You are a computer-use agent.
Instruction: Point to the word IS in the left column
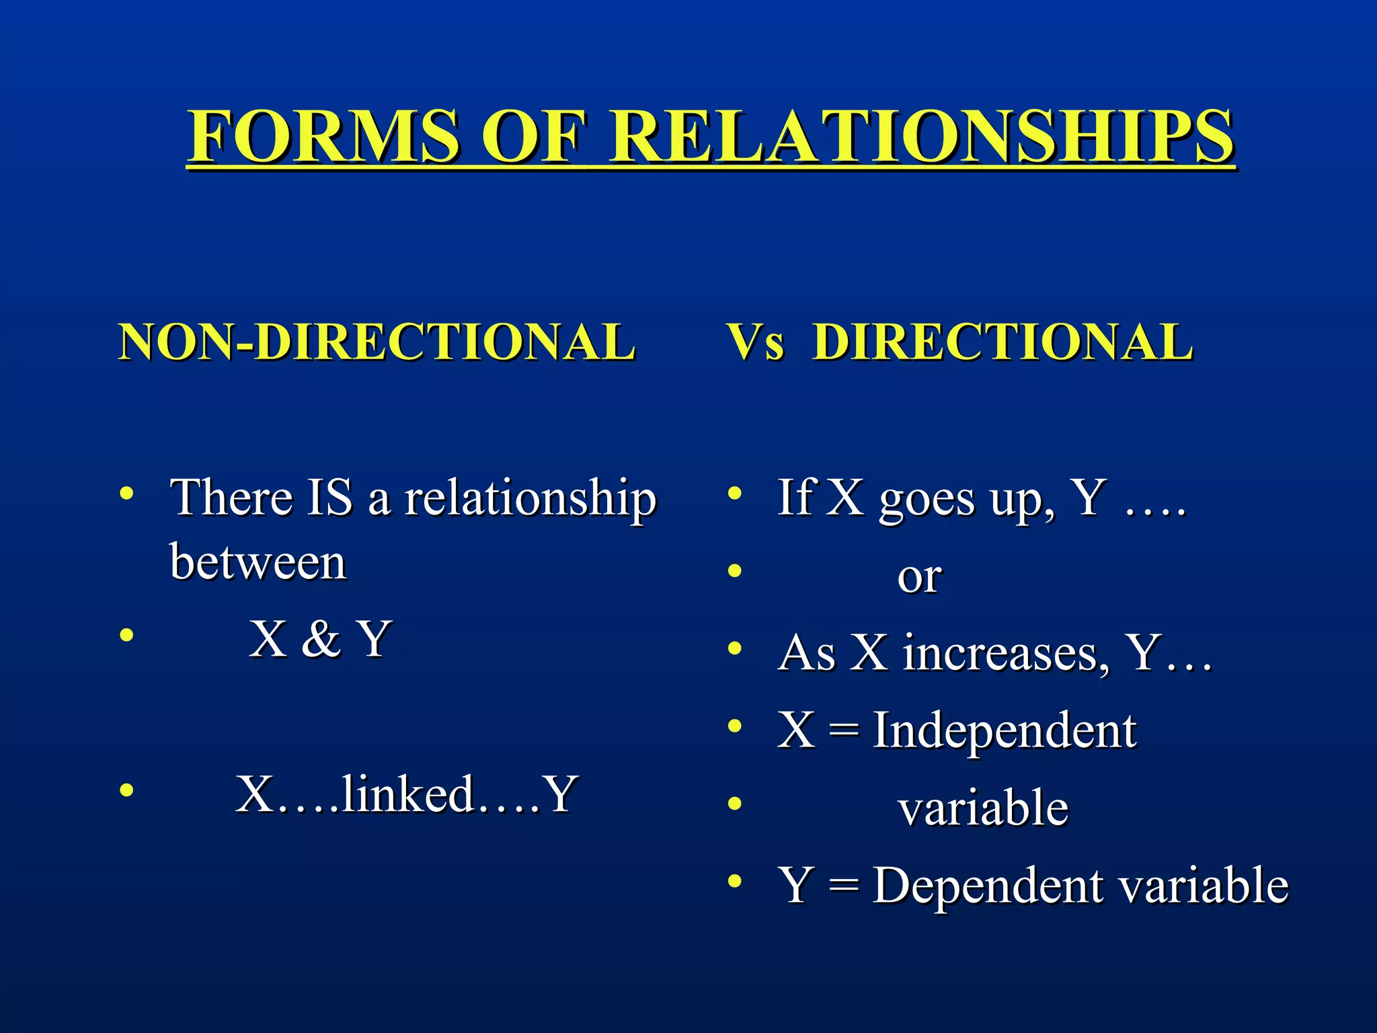click(x=329, y=498)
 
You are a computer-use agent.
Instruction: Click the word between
click(x=258, y=562)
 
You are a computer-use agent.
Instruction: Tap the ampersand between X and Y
click(x=321, y=638)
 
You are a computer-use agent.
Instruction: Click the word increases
click(x=1006, y=653)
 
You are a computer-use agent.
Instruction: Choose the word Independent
click(x=1005, y=730)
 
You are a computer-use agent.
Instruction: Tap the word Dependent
click(x=989, y=885)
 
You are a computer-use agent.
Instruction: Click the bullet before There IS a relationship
click(x=126, y=494)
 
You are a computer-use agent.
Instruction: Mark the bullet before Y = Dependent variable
click(x=735, y=880)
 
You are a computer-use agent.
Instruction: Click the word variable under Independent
click(x=983, y=808)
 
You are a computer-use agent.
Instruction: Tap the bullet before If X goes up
click(x=735, y=494)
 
